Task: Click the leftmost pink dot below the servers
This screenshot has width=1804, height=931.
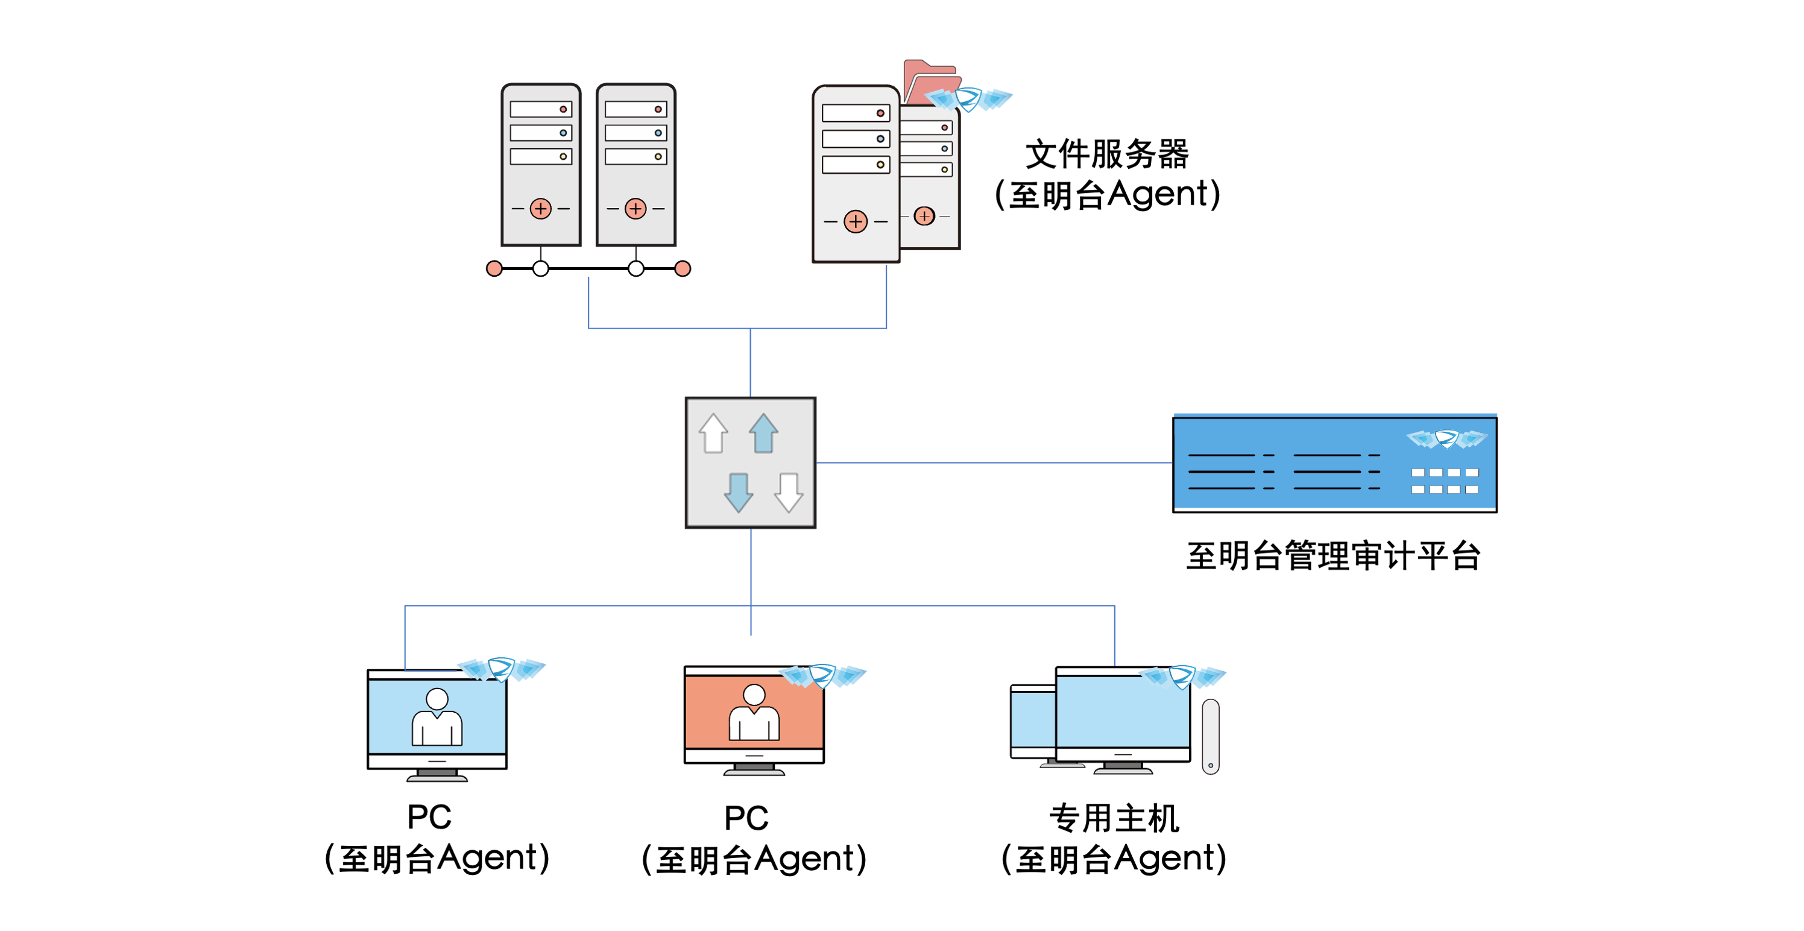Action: [x=494, y=268]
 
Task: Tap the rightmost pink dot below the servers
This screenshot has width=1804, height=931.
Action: [x=683, y=268]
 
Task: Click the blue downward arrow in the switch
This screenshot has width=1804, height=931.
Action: [x=738, y=493]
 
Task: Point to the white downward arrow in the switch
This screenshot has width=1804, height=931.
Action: [x=789, y=493]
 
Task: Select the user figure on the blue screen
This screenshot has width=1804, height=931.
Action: [x=437, y=718]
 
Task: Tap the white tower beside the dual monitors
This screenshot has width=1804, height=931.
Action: [x=1211, y=736]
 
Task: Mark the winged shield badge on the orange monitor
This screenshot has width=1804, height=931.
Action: [x=823, y=675]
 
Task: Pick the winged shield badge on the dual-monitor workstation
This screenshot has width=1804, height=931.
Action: [x=1182, y=677]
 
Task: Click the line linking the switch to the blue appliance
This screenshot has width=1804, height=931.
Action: [x=994, y=462]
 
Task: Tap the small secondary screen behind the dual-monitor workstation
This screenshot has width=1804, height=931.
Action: [x=1033, y=722]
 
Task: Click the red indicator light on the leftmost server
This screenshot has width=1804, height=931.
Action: [x=563, y=109]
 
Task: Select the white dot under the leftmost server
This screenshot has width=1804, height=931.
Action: [x=541, y=268]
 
